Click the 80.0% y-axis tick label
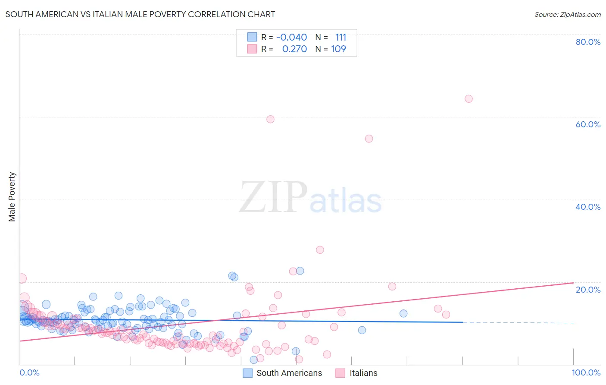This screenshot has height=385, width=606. tap(587, 42)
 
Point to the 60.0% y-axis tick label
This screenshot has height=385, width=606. tap(587, 124)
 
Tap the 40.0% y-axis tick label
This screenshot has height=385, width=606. tap(587, 207)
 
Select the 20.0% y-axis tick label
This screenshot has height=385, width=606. tap(587, 289)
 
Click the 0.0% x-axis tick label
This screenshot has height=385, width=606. tap(29, 372)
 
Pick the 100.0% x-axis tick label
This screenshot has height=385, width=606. tap(586, 372)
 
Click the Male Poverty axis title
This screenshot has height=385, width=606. tap(12, 197)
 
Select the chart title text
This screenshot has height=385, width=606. tap(140, 14)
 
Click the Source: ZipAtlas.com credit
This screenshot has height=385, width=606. tap(567, 14)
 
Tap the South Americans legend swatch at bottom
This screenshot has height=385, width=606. tap(247, 373)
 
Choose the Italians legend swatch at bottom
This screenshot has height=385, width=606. tap(340, 373)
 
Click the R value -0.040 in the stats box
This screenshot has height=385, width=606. tap(291, 38)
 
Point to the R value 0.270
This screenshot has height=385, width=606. tap(294, 49)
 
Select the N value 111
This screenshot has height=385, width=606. tap(340, 38)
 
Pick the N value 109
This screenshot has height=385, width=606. tap(338, 49)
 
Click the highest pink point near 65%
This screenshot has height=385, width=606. tap(469, 99)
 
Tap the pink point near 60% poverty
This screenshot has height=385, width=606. tap(270, 119)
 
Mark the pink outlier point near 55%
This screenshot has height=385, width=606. tap(369, 139)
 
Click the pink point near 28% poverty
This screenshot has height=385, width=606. tap(320, 250)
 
